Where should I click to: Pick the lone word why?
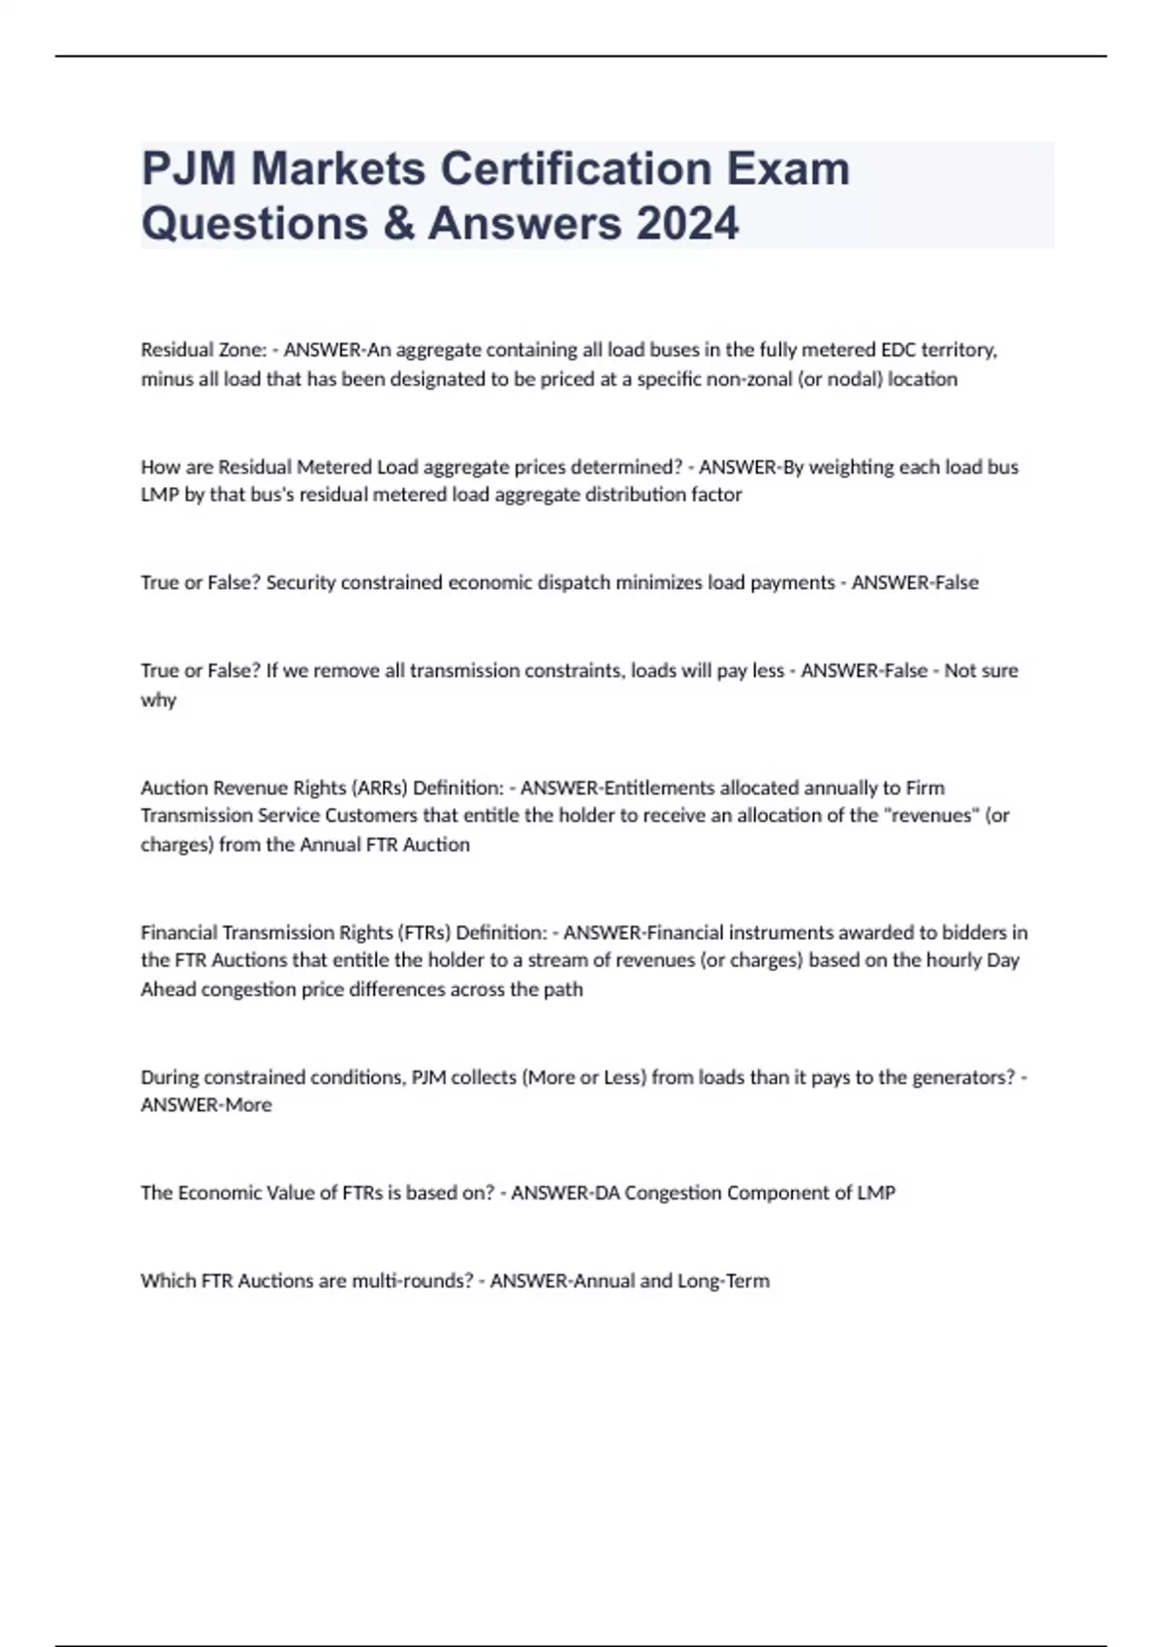tap(158, 699)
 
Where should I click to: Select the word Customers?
tap(369, 816)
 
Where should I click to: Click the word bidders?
tap(970, 932)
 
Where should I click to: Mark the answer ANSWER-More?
tap(206, 1105)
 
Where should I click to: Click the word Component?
tap(777, 1193)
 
